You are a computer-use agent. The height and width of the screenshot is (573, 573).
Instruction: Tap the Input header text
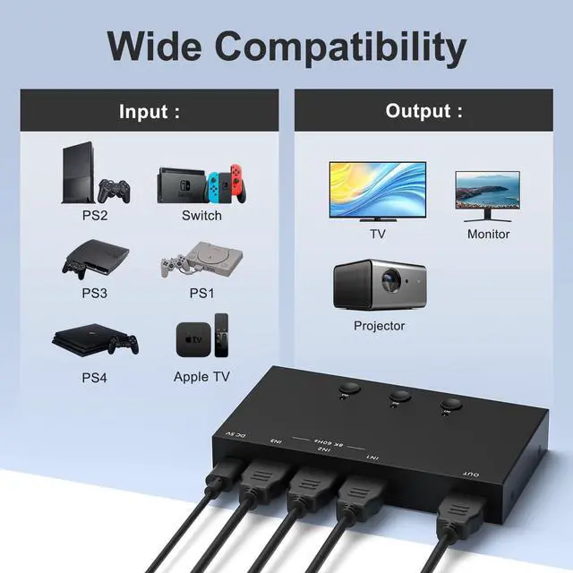pos(150,112)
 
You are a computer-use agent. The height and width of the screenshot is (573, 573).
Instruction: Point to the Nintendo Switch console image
pos(200,184)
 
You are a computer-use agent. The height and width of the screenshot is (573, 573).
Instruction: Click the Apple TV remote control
pos(222,337)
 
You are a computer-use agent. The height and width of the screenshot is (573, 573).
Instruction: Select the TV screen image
pos(377,189)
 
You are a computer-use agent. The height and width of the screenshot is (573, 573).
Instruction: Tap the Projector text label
pos(379,326)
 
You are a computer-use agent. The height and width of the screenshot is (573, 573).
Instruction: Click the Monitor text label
pos(488,234)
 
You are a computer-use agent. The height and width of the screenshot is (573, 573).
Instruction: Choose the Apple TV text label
pos(201,377)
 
